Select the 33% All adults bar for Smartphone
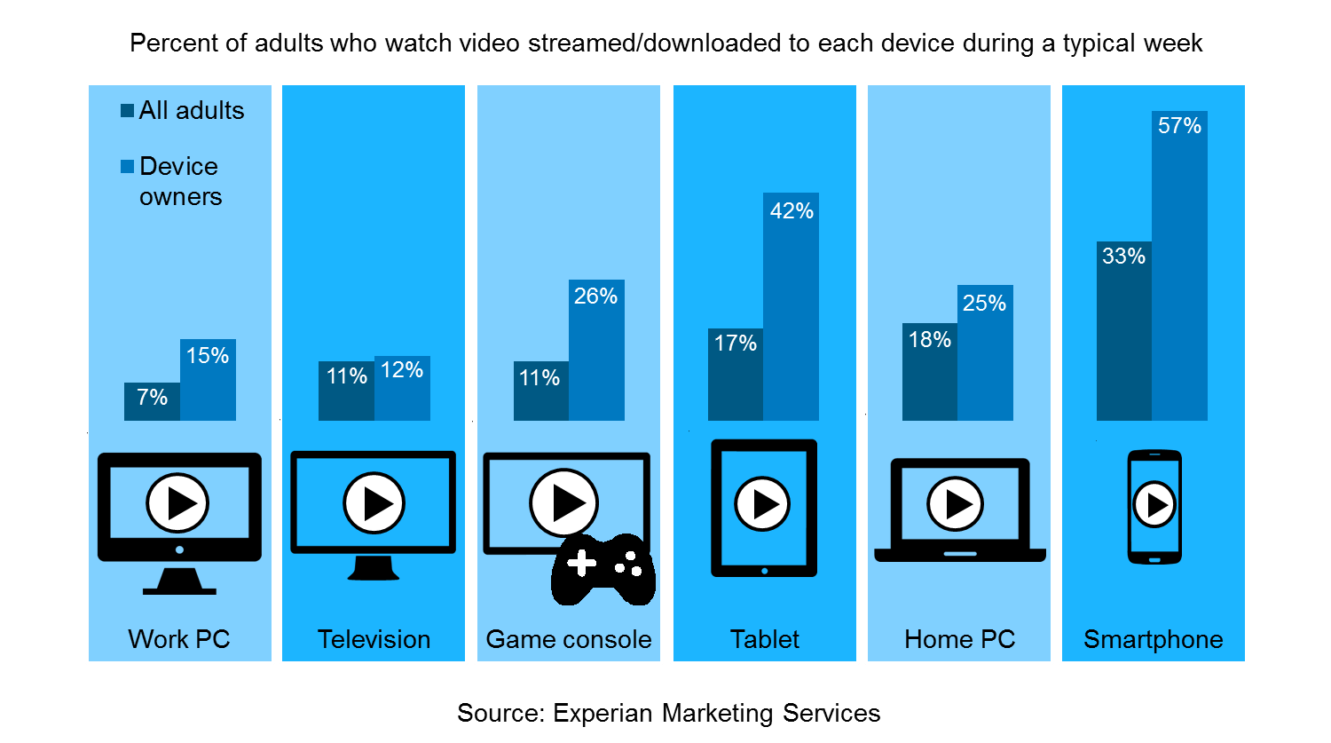[1123, 337]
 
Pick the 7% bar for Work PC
[152, 404]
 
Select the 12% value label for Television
[402, 370]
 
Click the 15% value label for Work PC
[208, 355]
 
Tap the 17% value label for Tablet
[736, 344]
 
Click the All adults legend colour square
[128, 111]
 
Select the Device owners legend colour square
[128, 166]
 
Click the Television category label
[374, 639]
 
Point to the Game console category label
[569, 639]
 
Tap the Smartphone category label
[1153, 639]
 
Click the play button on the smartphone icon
[1154, 504]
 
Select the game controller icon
[603, 569]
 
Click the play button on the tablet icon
[763, 504]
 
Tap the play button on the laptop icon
[956, 504]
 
